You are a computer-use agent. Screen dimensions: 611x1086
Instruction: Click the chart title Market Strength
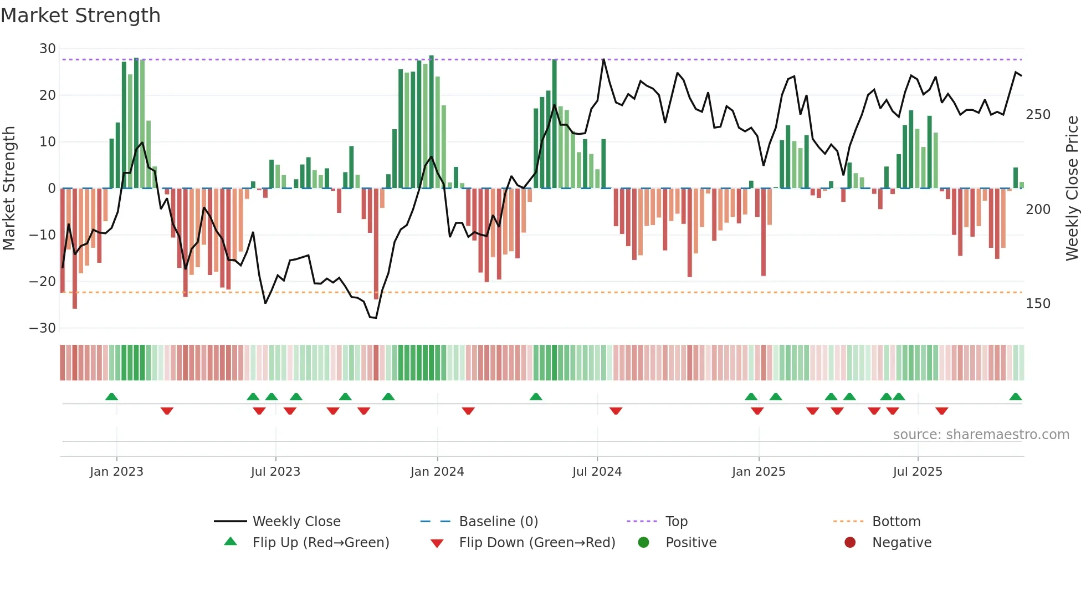coord(80,16)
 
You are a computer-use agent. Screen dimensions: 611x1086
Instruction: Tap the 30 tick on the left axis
coord(48,49)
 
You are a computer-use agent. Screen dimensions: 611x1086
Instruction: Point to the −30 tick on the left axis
coord(43,328)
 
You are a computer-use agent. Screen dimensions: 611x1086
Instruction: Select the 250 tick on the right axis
coord(1038,115)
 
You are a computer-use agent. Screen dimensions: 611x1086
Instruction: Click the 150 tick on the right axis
coord(1038,304)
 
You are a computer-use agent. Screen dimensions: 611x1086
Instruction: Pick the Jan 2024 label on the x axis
coord(437,472)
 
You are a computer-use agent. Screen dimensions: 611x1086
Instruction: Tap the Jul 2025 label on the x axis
coord(918,472)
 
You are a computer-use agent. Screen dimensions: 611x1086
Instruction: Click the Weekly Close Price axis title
coord(1073,189)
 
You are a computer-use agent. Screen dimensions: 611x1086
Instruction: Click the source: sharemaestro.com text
coord(981,435)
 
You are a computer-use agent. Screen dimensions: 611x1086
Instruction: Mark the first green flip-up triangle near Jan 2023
coord(111,396)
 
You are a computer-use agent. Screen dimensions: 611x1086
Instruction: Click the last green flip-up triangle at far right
coord(1015,396)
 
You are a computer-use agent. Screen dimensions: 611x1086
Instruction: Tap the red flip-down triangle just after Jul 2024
coord(616,411)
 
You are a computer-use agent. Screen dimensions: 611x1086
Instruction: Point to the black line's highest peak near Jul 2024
coord(603,59)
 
